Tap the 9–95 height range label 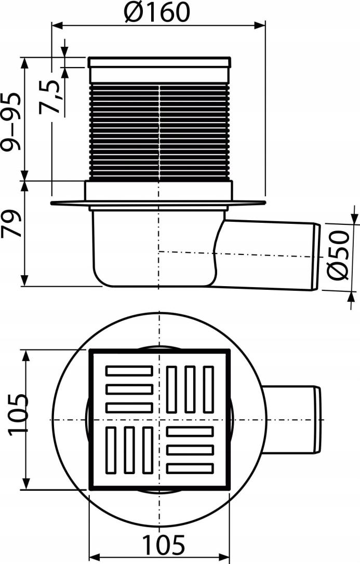11,122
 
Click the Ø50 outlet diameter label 339,255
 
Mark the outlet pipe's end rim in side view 316,256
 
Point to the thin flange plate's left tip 54,203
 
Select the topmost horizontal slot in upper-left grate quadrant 129,371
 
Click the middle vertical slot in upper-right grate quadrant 190,390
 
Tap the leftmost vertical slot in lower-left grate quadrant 111,450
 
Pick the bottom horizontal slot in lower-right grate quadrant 190,468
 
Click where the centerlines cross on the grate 159,420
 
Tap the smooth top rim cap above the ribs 159,63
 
